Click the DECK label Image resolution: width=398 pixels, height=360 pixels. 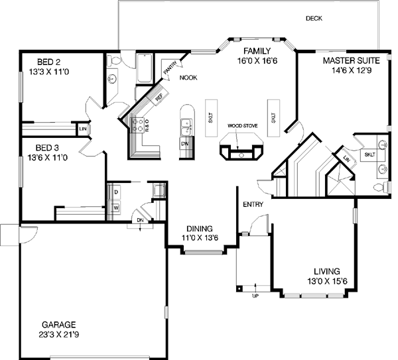(x=314, y=19)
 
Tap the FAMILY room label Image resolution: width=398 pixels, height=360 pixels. (x=255, y=51)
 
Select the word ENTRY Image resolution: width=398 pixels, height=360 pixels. (x=253, y=204)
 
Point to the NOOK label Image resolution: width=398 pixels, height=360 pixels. (x=188, y=78)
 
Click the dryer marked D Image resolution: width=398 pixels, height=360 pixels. (x=116, y=192)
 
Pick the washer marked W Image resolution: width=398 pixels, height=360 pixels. (x=116, y=208)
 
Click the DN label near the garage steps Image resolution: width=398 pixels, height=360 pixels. (x=141, y=220)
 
